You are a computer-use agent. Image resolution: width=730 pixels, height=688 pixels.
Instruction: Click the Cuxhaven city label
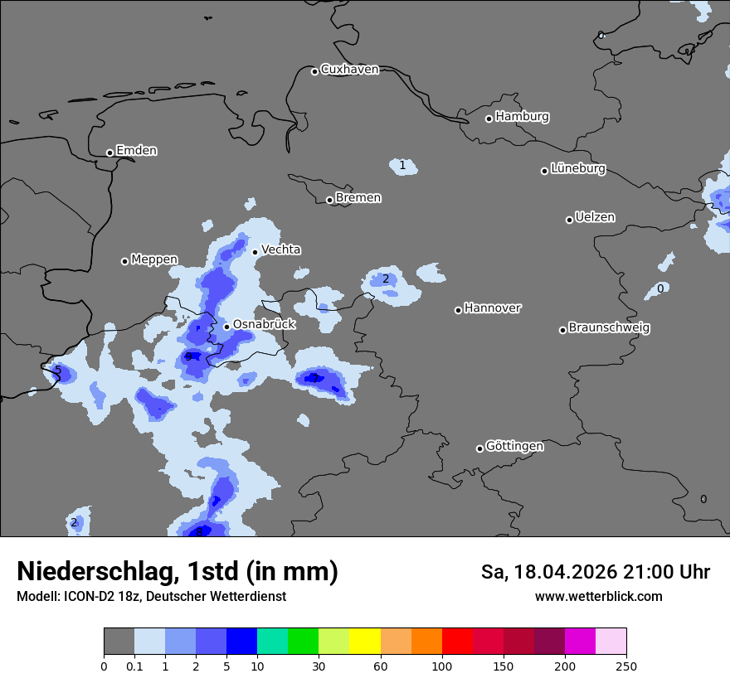[349, 70]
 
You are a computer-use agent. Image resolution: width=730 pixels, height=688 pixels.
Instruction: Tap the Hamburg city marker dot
[489, 119]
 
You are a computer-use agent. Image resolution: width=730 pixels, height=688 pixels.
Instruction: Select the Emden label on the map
[136, 151]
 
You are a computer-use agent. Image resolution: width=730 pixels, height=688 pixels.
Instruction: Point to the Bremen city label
[358, 198]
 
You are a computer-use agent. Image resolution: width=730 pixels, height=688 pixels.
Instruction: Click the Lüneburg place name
[578, 169]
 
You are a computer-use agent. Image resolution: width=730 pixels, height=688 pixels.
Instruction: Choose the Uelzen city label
[595, 218]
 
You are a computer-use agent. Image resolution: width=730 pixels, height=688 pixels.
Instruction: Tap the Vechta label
[281, 250]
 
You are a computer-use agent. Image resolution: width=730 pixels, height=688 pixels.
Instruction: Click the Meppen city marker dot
[124, 261]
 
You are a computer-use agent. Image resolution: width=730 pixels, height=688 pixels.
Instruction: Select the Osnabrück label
[264, 325]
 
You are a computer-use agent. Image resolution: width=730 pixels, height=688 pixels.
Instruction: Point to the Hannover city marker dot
[458, 310]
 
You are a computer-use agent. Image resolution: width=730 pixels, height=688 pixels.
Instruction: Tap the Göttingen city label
[514, 447]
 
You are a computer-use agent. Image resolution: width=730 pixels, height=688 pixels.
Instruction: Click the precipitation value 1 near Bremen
[402, 166]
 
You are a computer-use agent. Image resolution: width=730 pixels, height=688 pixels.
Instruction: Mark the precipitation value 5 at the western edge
[57, 371]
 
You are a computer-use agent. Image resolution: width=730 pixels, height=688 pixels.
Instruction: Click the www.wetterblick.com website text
[598, 597]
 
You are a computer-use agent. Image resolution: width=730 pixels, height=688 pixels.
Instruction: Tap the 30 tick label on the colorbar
[319, 666]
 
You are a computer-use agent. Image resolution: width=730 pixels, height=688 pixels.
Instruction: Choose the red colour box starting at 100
[457, 642]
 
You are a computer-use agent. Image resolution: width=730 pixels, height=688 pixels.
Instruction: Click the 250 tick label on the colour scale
[626, 666]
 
